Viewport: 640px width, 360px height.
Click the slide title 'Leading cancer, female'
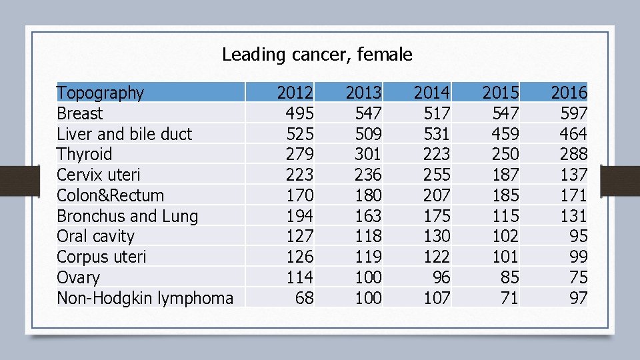click(x=317, y=55)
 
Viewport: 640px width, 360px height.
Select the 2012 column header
click(x=295, y=93)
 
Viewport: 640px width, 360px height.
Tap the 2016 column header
click(x=569, y=93)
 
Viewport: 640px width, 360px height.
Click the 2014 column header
click(x=432, y=93)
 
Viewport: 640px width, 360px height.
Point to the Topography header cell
click(x=100, y=93)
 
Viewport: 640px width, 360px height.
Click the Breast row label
click(x=80, y=113)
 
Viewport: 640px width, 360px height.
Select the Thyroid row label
click(x=85, y=155)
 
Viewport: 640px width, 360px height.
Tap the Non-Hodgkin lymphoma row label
click(x=145, y=298)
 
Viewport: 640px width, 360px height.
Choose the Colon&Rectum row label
click(x=110, y=195)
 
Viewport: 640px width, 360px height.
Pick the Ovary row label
click(x=78, y=277)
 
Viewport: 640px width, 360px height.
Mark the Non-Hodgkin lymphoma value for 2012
click(x=304, y=298)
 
